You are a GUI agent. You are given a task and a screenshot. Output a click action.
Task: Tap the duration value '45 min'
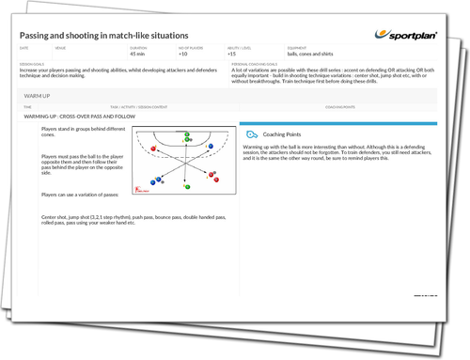[137, 54]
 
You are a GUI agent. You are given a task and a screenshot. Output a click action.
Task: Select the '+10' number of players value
[182, 54]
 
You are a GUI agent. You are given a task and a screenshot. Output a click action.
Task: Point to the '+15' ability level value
[230, 54]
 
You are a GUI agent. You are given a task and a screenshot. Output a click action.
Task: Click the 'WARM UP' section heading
[39, 95]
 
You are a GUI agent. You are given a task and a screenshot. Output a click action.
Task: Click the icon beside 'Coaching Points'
[251, 134]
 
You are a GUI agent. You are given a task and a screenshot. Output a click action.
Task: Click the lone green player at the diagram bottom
[186, 186]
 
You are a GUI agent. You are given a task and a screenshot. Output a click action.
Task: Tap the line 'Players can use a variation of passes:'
[80, 195]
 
